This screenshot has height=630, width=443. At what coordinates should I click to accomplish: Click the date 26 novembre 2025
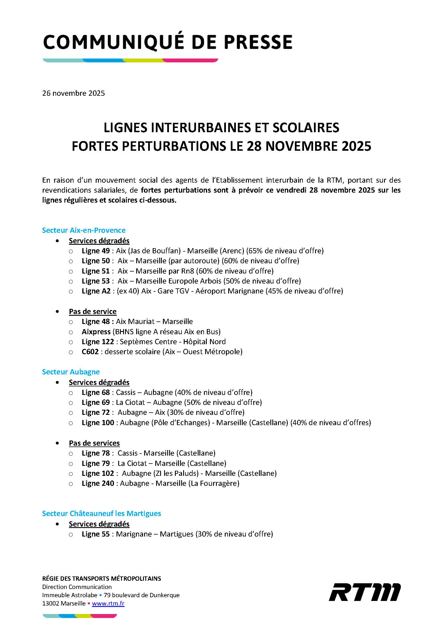[x=74, y=93]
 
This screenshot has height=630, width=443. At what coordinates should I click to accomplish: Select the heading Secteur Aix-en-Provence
[x=84, y=230]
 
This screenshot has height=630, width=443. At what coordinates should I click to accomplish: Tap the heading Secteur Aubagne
[x=71, y=372]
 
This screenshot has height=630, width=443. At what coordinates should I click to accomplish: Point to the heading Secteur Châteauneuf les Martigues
[x=101, y=513]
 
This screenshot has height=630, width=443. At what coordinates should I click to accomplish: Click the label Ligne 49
[x=96, y=251]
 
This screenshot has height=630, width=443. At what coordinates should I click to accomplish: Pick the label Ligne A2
[x=96, y=291]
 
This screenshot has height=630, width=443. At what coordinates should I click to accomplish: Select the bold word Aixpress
[x=96, y=332]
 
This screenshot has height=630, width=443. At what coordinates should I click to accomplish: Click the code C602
[x=90, y=352]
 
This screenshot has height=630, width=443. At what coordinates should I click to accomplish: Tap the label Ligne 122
[x=98, y=342]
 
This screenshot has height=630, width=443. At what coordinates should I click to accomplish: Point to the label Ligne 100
[x=98, y=423]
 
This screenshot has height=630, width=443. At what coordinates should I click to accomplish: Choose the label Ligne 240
[x=98, y=483]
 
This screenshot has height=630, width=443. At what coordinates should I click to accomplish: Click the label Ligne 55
[x=96, y=534]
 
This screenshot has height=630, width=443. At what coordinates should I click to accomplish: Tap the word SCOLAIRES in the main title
[x=306, y=128]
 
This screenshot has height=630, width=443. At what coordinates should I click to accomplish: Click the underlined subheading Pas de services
[x=94, y=443]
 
